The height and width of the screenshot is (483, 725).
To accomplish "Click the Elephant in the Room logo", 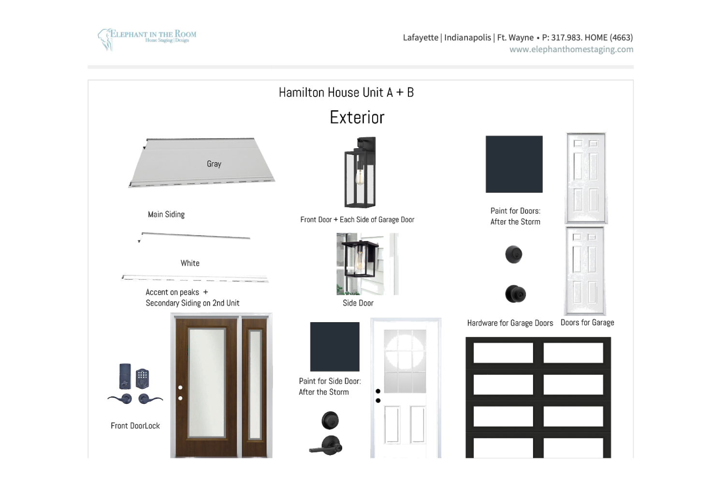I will point(147,38).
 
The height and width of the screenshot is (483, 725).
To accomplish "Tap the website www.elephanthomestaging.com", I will point(571,49).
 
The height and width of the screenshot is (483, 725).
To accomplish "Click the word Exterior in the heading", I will point(357,117).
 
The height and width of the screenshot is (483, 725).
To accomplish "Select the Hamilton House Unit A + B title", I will point(346,92).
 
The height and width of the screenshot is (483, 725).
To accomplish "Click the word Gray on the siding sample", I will point(214,164).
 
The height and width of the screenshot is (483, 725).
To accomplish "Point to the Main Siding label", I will point(166,214).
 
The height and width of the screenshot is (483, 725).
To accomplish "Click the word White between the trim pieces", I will point(190,263).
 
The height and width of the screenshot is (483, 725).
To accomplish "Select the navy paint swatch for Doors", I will point(514,164).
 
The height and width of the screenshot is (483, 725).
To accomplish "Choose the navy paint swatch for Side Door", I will point(334,347).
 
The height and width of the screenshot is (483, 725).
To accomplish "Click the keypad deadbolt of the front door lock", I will point(142,378).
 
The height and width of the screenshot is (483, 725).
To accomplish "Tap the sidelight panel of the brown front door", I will point(255,385).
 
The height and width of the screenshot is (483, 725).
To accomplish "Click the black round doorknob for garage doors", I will point(515,294).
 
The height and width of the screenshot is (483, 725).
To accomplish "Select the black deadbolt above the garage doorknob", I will point(514,254).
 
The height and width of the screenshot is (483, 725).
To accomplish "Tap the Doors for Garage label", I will point(587,323).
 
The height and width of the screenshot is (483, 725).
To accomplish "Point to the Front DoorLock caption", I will point(135,426).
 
